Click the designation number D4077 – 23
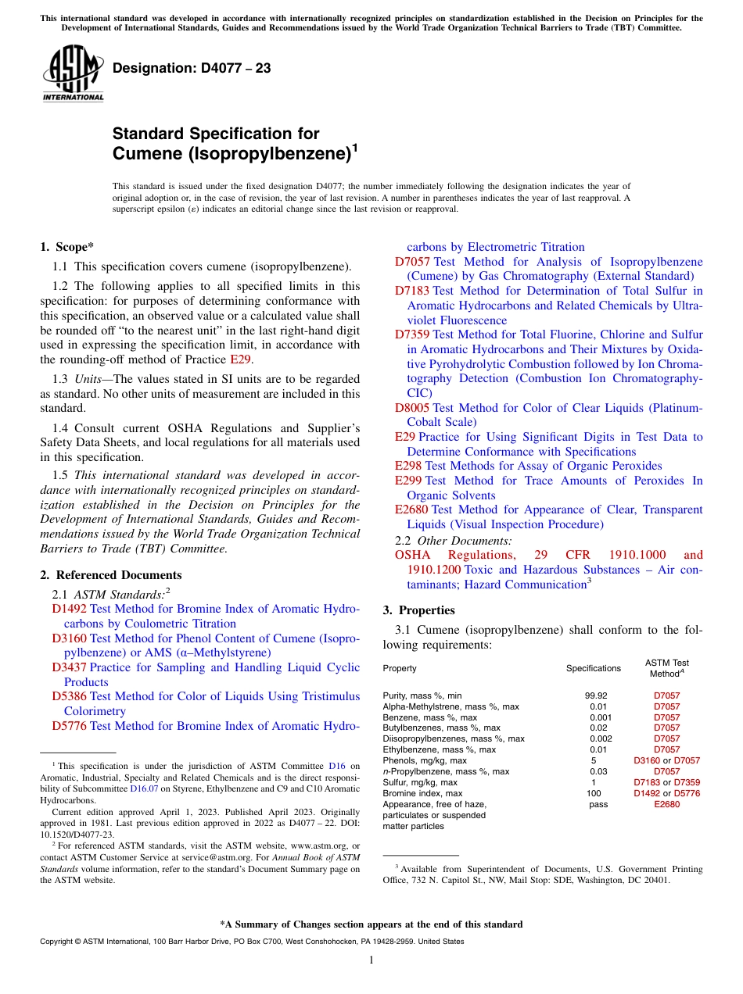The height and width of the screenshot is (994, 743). (x=192, y=68)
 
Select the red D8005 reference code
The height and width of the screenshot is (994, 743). (x=412, y=408)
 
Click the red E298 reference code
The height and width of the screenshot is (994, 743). (x=409, y=466)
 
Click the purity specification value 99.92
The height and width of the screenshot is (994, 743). (x=596, y=695)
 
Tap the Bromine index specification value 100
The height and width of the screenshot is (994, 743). (x=594, y=793)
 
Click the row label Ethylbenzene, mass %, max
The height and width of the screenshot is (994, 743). (x=440, y=749)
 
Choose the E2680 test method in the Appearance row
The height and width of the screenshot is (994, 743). (x=666, y=804)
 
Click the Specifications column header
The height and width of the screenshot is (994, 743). (x=594, y=668)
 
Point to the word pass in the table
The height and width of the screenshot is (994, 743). (x=598, y=804)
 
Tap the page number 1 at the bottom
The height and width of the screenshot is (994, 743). (x=371, y=960)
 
